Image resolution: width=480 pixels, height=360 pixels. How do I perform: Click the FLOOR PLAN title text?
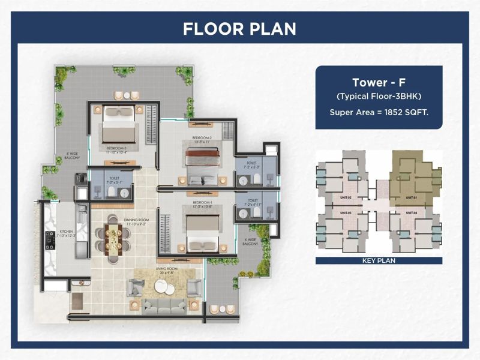(239, 28)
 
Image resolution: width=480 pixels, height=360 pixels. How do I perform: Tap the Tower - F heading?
(379, 83)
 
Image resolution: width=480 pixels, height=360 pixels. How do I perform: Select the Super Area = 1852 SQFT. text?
(379, 112)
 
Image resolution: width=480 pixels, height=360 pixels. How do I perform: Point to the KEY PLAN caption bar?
(379, 261)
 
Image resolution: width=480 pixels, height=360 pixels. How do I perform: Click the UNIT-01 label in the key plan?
(411, 197)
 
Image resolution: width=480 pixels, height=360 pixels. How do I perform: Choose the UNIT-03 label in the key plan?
(345, 213)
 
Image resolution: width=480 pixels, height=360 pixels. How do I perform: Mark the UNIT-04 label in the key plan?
(411, 213)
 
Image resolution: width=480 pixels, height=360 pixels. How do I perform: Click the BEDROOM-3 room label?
(116, 147)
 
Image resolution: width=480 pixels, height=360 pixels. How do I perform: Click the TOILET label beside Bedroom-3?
(113, 178)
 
